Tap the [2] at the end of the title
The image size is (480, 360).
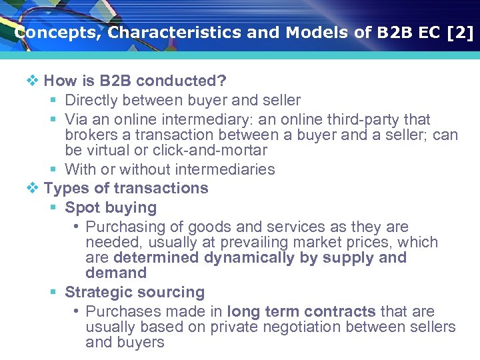(x=459, y=33)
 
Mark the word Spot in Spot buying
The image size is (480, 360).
(x=80, y=208)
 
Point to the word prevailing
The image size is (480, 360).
(x=233, y=243)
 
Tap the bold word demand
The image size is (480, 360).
(x=116, y=273)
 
